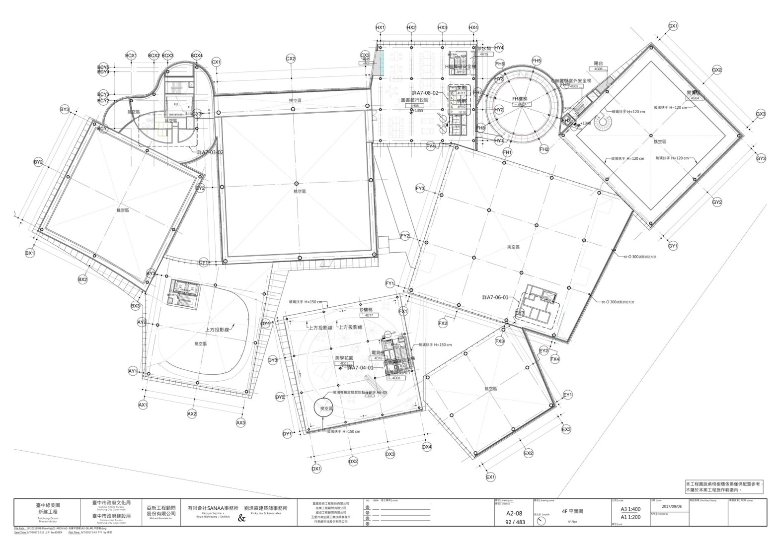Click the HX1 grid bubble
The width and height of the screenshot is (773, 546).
coord(380,28)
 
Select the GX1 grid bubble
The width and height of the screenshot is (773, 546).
coord(673,26)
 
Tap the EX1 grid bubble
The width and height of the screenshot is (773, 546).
coord(491,477)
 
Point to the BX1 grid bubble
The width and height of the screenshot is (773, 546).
coord(30,253)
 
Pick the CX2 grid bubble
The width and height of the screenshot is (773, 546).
coord(291,59)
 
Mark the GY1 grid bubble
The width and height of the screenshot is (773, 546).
coord(673,246)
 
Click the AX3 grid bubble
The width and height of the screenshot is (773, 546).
coord(240,422)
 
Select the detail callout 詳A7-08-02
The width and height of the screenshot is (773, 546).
coord(425,93)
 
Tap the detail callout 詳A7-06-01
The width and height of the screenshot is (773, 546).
coord(495,297)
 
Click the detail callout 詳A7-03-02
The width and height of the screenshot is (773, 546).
coord(210,152)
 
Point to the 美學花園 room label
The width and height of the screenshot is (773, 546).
coord(344,358)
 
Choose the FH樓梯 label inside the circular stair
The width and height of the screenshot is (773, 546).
coord(522,99)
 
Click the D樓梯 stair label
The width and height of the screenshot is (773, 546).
coord(369,310)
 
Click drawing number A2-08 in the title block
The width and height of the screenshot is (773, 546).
coord(514,513)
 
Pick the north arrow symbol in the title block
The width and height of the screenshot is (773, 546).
coord(541,521)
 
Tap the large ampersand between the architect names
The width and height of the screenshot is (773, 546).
coord(242,519)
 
